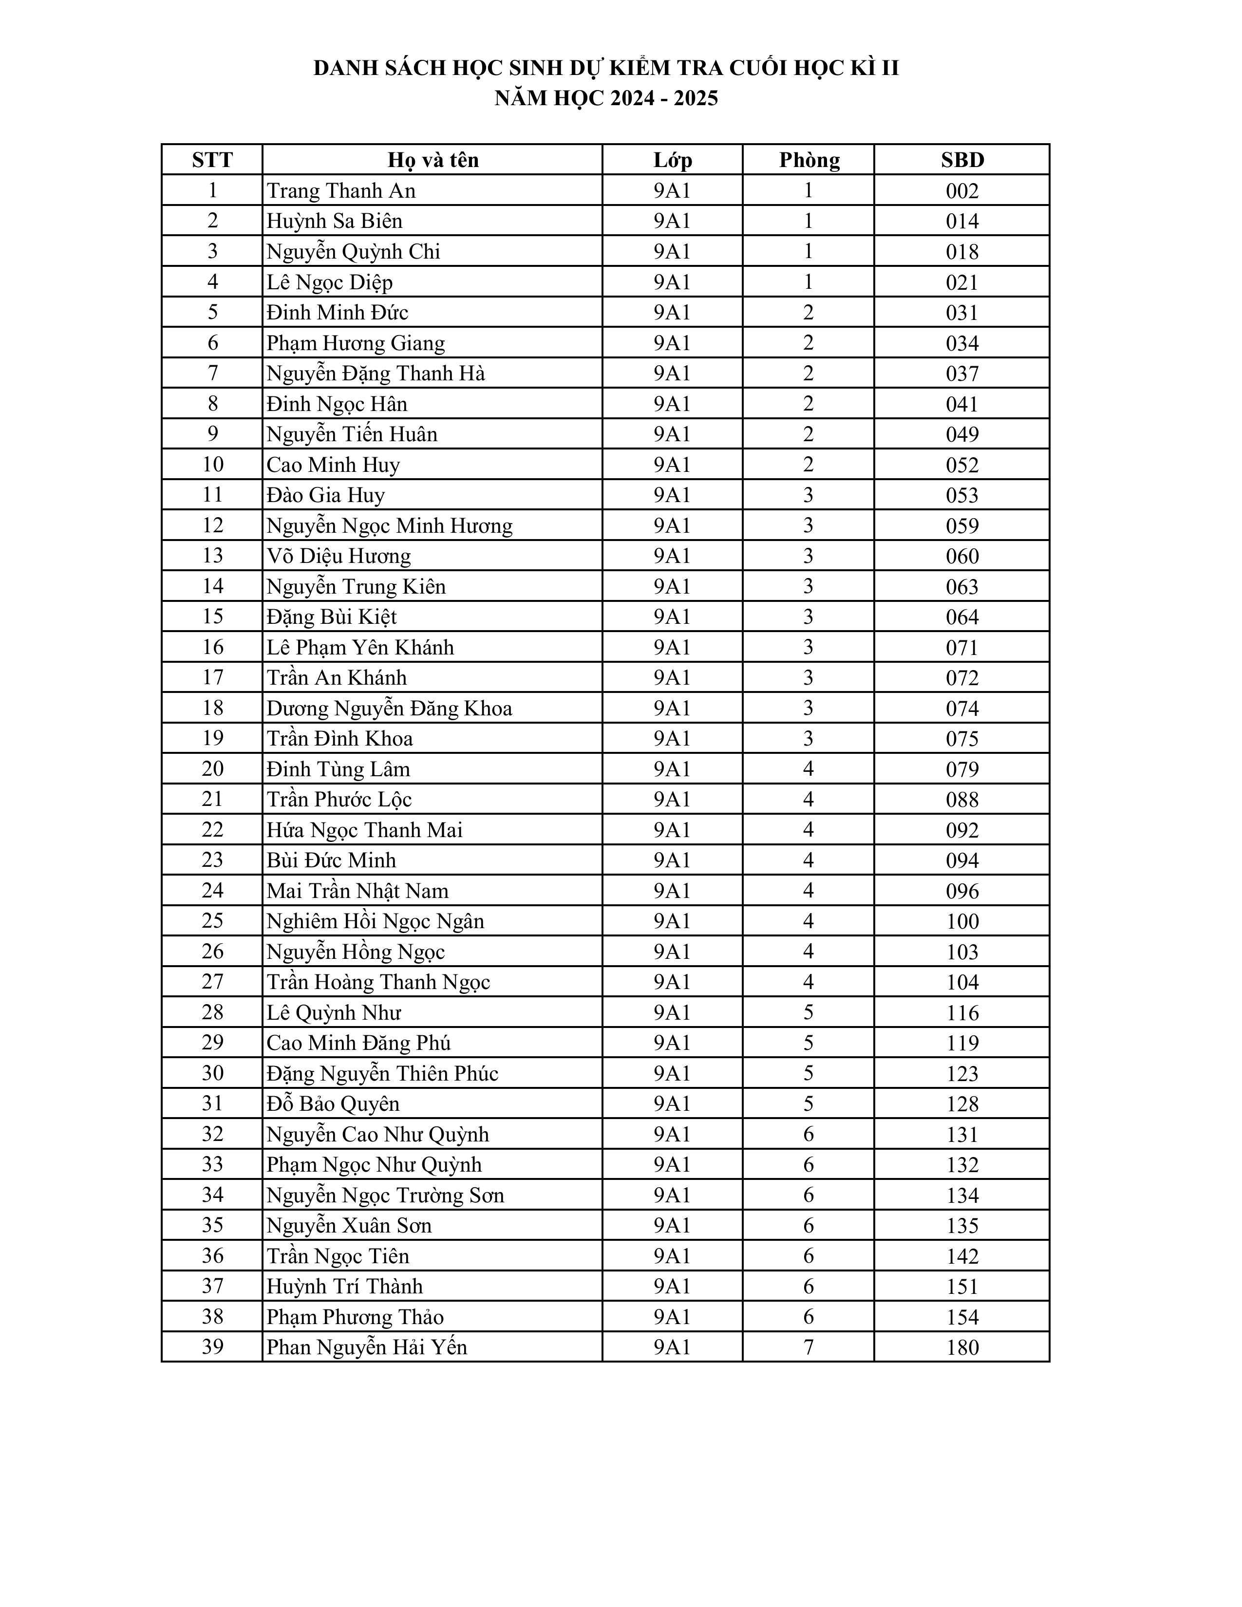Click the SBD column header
pos(961,160)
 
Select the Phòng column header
pos(809,160)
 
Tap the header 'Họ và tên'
pos(433,160)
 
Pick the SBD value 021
pos(961,282)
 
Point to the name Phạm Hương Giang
pos(356,343)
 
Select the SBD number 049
pos(961,434)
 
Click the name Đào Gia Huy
pos(325,495)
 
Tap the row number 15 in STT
pos(213,617)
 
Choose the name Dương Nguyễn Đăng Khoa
pos(389,708)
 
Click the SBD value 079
pos(961,769)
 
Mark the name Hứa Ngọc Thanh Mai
pos(364,830)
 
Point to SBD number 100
pos(961,921)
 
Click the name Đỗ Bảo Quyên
pos(333,1103)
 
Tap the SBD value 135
pos(961,1225)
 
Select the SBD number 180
pos(961,1347)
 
